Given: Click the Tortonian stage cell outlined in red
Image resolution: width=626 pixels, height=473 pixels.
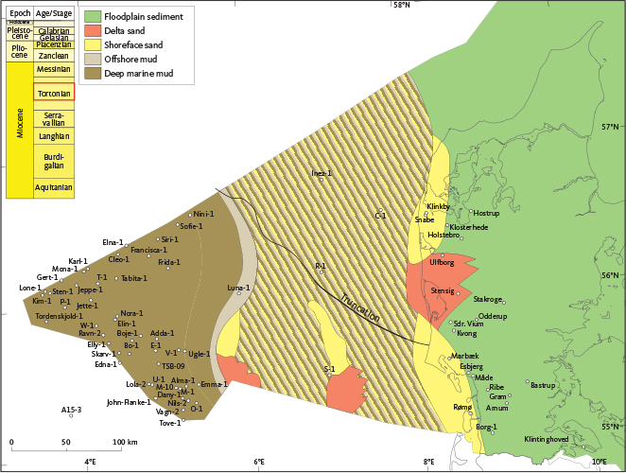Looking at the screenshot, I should click(x=54, y=94).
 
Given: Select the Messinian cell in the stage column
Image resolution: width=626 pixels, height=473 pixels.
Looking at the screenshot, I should click(x=54, y=69).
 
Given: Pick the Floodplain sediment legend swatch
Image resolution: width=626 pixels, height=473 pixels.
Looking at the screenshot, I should click(x=92, y=16).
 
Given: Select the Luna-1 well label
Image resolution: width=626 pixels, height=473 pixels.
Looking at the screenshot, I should click(x=239, y=288).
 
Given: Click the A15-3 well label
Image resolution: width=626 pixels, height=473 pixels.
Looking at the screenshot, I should click(x=72, y=410).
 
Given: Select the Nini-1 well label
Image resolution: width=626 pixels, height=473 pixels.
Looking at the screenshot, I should click(x=204, y=214).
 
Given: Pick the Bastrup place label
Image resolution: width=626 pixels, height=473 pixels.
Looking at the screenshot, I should click(x=542, y=385).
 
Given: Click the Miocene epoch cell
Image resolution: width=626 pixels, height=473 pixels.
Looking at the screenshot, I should click(x=20, y=131).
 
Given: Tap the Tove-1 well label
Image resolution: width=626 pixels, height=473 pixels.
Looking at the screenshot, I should click(x=169, y=424).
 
